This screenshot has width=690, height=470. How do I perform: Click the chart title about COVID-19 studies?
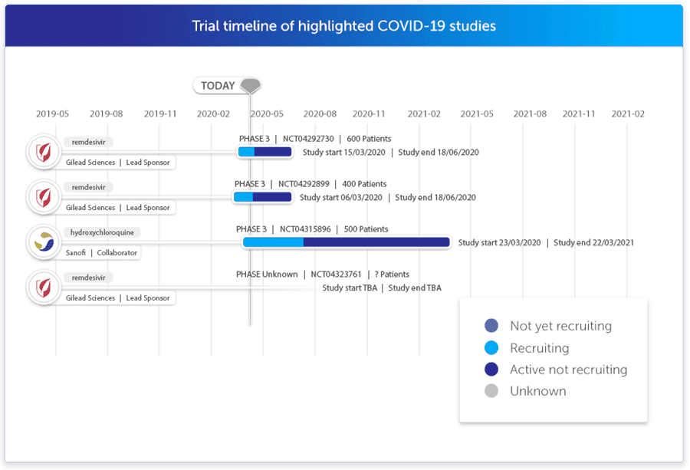(x=343, y=26)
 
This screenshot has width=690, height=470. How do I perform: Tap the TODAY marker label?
(x=218, y=86)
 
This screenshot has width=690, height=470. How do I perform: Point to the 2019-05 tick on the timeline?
(x=52, y=113)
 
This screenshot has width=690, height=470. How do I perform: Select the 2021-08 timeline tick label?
(x=530, y=113)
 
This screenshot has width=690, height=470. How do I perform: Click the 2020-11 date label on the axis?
(x=369, y=113)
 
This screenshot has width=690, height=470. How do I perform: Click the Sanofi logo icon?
(x=44, y=242)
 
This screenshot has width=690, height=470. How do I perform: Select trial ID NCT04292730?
(x=308, y=139)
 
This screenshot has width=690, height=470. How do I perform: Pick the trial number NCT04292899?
(x=304, y=184)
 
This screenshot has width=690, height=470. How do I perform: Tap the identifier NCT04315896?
(x=305, y=229)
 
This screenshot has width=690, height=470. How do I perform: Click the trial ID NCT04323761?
(x=337, y=274)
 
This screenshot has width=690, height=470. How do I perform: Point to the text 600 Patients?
(x=369, y=139)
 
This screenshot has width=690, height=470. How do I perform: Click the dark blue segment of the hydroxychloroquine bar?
(x=376, y=242)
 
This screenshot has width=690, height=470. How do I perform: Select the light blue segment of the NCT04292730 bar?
(x=246, y=152)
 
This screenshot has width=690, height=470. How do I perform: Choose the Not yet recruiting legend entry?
(x=560, y=326)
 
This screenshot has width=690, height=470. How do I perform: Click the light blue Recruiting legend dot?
(x=491, y=348)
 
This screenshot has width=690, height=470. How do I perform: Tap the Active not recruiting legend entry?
(x=568, y=370)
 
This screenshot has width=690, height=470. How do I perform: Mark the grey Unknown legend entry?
(x=537, y=391)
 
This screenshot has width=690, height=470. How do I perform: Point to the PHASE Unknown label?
(x=266, y=274)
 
